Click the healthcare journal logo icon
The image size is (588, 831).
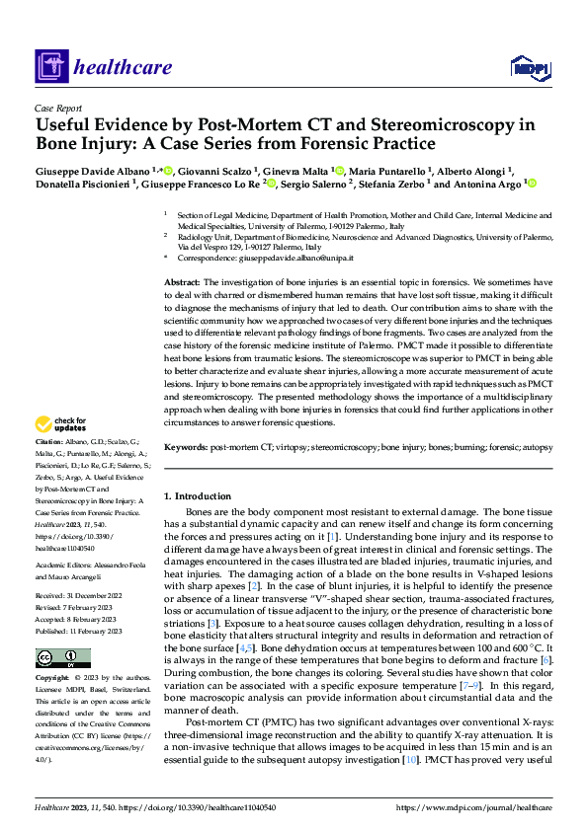[x=50, y=67]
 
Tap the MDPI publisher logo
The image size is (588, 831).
[x=529, y=66]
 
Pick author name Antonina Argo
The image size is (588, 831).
[x=488, y=184]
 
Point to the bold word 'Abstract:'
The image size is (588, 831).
[x=183, y=282]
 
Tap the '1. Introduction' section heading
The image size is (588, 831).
[x=197, y=495]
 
